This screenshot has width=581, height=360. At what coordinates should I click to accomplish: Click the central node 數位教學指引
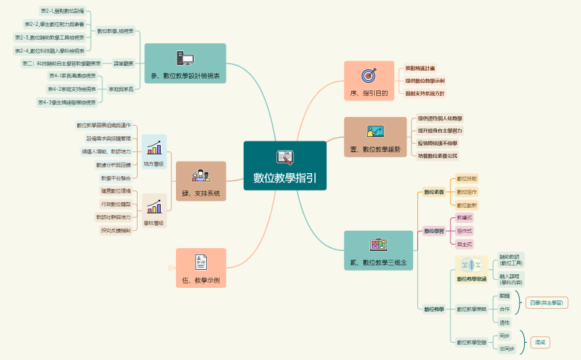pyautogui.click(x=285, y=166)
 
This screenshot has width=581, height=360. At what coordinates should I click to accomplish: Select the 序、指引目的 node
pyautogui.click(x=368, y=82)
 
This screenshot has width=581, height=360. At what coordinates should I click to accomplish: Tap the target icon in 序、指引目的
pyautogui.click(x=368, y=74)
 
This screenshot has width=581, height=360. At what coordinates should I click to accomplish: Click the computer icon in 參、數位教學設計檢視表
pyautogui.click(x=185, y=58)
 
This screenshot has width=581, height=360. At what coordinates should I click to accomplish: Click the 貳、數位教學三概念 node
pyautogui.click(x=379, y=251)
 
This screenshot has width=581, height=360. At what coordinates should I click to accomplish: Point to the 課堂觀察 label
pyautogui.click(x=123, y=63)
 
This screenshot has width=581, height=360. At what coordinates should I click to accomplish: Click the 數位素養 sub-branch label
pyautogui.click(x=433, y=192)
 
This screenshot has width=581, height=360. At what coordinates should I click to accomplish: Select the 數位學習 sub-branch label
pyautogui.click(x=433, y=231)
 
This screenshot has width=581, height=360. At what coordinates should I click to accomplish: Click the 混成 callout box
pyautogui.click(x=540, y=342)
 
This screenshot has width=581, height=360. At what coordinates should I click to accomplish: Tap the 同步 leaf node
pyautogui.click(x=505, y=335)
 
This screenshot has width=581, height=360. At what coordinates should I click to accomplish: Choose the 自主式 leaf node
pyautogui.click(x=465, y=245)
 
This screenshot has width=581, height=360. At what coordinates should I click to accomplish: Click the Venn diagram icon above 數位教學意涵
pyautogui.click(x=471, y=265)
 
